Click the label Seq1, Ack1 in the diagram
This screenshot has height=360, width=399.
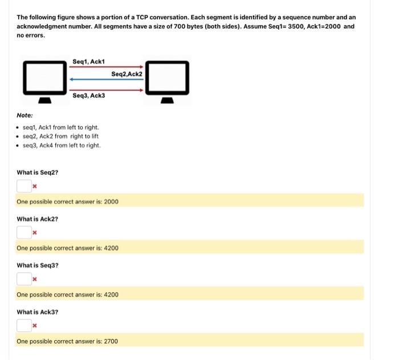pos(88,62)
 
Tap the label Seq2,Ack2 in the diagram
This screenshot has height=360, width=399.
pos(127,74)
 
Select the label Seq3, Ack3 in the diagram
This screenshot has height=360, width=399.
pos(89,96)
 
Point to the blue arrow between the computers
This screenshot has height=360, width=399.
pos(106,79)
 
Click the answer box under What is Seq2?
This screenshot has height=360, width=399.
pos(24,186)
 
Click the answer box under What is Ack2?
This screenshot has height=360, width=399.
pos(24,232)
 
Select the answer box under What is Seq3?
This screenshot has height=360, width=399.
pos(24,279)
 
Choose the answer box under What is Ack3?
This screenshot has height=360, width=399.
pos(24,325)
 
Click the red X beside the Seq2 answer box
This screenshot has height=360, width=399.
pos(35,186)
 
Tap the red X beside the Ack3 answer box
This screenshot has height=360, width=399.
pos(35,326)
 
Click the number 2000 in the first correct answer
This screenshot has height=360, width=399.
pos(111,202)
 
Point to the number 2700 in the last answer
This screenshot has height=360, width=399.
pos(111,341)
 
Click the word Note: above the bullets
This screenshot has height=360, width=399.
pos(25,115)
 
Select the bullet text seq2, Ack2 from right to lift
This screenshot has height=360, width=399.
pos(60,136)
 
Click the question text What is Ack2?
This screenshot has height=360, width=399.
pos(37,219)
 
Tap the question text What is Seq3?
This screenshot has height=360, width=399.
pos(37,265)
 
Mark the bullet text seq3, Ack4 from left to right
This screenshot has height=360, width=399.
pos(62,145)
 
